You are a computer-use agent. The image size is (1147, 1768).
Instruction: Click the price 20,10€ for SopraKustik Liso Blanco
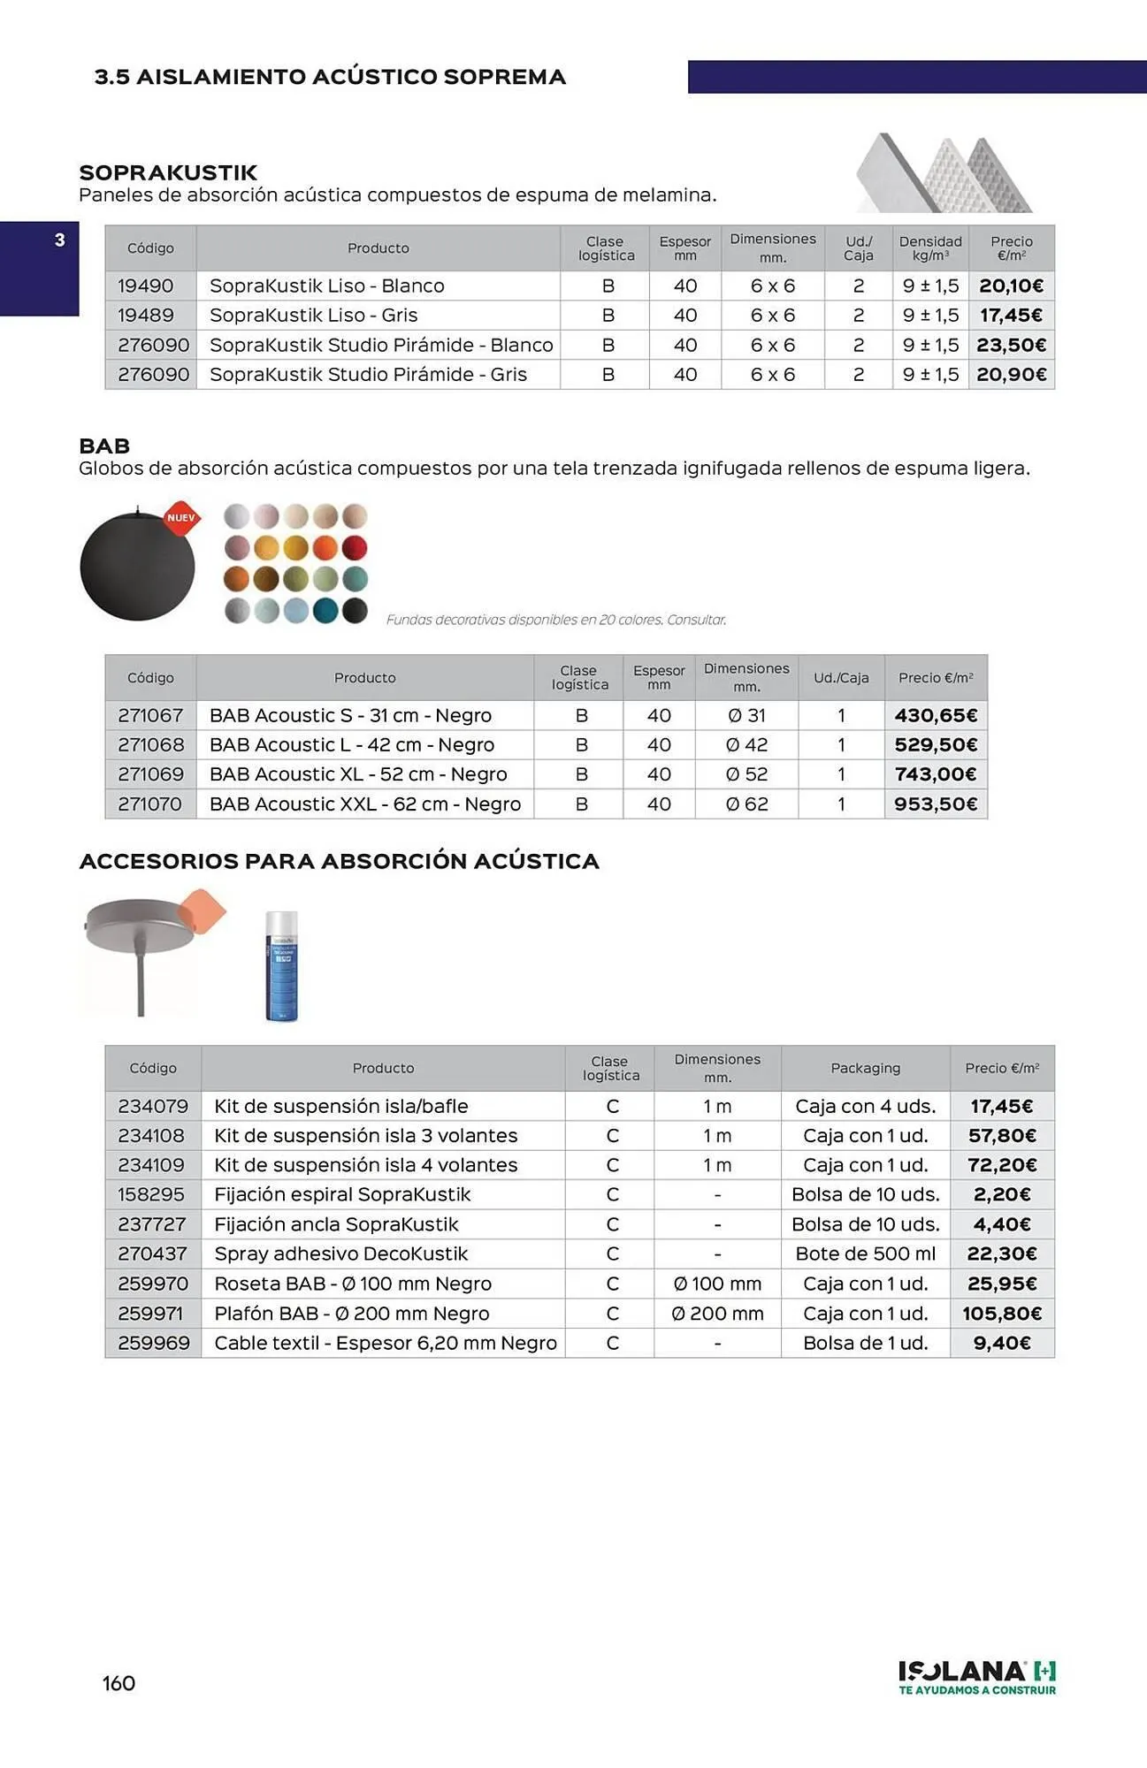point(1011,286)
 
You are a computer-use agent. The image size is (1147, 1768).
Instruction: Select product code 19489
point(146,316)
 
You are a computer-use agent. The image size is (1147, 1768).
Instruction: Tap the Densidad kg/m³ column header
point(930,248)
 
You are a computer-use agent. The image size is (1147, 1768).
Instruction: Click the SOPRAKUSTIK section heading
point(168,172)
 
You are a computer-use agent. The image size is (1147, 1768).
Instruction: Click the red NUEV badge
point(181,518)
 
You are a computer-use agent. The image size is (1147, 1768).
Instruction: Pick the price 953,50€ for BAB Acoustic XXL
point(935,804)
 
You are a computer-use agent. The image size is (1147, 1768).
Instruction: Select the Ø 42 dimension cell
point(746,745)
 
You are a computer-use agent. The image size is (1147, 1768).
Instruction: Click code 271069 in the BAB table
point(150,774)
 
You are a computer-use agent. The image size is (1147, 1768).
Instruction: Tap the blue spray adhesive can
point(282,966)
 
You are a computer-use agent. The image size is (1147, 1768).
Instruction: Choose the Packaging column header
point(865,1068)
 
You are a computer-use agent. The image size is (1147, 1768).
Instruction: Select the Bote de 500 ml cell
point(865,1254)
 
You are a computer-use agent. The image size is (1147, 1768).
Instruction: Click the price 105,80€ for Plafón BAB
point(1002,1314)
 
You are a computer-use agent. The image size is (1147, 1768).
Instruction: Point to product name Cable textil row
point(385,1344)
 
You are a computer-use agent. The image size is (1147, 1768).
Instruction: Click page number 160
point(119,1683)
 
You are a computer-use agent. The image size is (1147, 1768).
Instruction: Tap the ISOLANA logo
point(976,1676)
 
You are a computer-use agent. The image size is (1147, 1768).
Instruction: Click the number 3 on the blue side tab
point(59,240)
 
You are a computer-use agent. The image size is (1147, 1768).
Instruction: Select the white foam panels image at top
point(943,174)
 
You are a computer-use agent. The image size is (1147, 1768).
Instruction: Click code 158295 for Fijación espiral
point(151,1195)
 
